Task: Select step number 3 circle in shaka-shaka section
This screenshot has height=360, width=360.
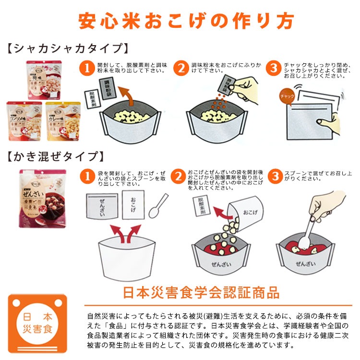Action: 274,69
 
